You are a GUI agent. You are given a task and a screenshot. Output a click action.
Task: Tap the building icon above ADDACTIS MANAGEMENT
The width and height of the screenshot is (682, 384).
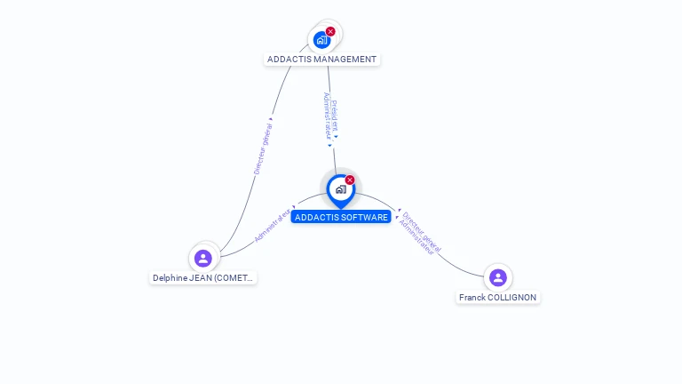pos(321,40)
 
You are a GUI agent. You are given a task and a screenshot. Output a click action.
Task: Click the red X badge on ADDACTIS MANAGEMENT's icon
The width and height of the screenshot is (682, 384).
pos(330,31)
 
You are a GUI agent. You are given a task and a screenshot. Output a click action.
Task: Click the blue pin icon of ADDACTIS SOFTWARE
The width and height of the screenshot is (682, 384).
pos(340,189)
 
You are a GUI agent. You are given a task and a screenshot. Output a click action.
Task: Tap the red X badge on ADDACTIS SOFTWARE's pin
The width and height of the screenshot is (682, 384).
pos(350,180)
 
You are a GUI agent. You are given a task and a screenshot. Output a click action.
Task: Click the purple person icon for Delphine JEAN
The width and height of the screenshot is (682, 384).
pos(203,259)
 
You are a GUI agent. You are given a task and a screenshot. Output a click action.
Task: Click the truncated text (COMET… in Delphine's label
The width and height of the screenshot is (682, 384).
pos(234,278)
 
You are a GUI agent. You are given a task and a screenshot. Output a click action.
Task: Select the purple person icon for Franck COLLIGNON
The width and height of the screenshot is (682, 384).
pos(498,277)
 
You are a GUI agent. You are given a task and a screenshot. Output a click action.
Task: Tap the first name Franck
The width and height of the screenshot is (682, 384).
pos(472,297)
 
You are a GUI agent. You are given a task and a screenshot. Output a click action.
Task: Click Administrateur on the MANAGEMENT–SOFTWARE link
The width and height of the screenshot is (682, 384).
pos(327,116)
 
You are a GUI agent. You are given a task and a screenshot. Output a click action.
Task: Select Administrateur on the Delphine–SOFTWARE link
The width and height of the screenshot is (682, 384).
pos(272,226)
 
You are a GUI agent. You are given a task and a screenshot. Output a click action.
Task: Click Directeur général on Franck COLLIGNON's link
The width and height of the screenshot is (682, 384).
pos(422,231)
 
